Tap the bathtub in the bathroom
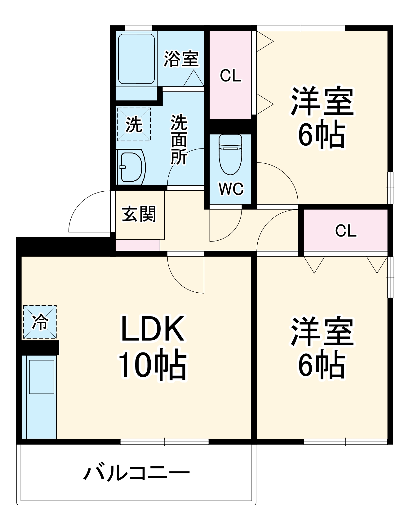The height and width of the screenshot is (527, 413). coord(136,59)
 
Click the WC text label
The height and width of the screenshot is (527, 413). coord(231,188)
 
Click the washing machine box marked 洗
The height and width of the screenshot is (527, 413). coord(134,124)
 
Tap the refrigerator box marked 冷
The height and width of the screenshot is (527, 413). coord(40,322)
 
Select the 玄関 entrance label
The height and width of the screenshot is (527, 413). coord(139,214)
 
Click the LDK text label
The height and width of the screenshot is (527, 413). coord(152,329)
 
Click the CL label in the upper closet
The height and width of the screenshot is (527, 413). coord(230,76)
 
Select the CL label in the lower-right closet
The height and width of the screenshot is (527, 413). coord(346,231)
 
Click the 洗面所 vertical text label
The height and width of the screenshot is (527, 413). coord(179,139)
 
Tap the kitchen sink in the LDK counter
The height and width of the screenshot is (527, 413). coord(42,377)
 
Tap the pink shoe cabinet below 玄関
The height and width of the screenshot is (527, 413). coord(138,245)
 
